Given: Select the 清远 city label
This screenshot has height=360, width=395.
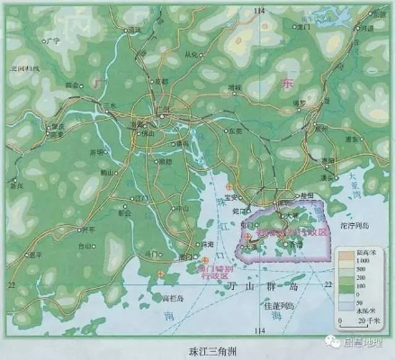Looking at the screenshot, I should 134,30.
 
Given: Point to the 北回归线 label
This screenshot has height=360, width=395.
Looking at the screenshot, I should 23,68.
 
